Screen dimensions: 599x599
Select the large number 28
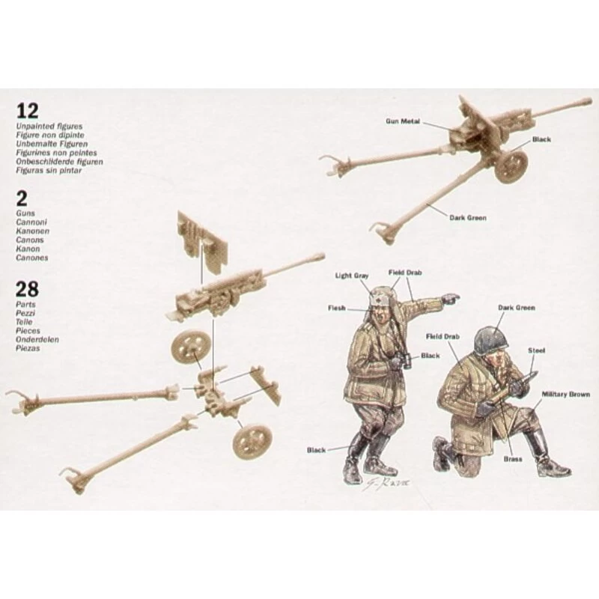click(28, 290)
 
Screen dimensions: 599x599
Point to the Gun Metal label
click(401, 119)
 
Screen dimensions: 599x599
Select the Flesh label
click(336, 308)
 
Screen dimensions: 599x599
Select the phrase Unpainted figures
click(46, 127)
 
